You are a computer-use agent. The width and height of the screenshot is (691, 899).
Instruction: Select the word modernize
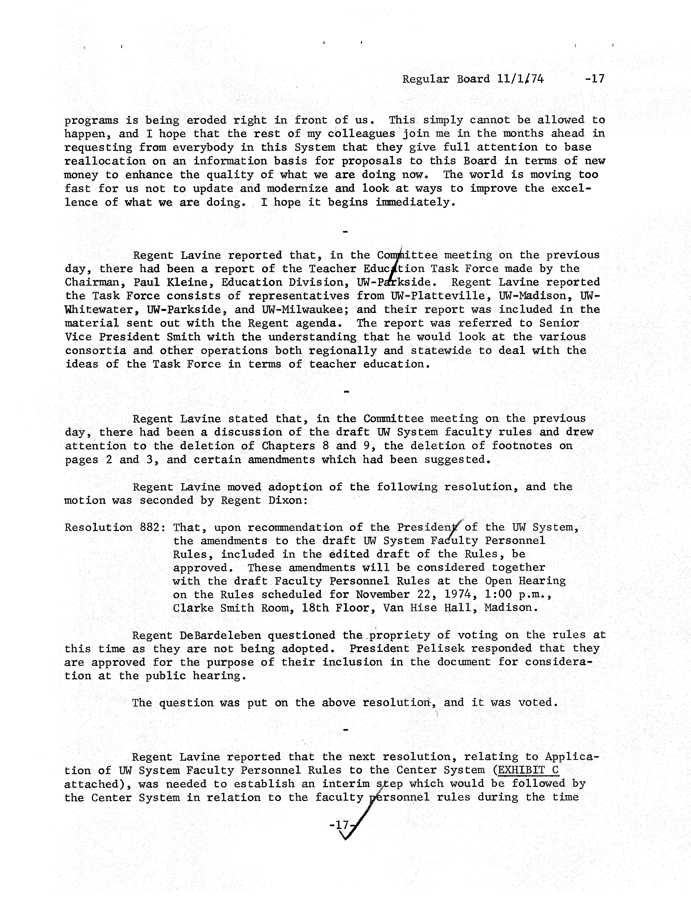(297, 189)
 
